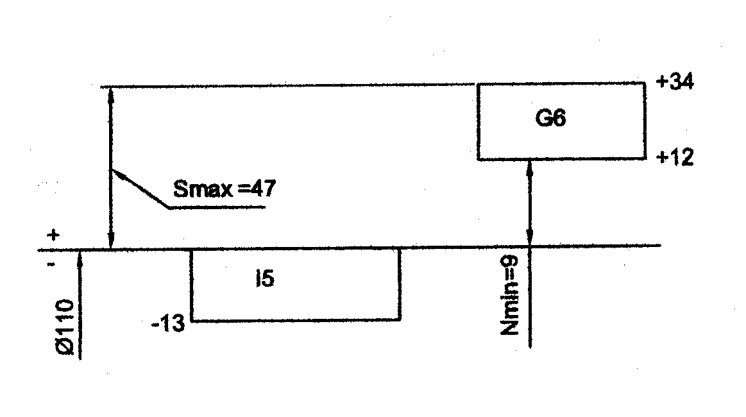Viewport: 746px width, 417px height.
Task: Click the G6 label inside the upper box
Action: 550,119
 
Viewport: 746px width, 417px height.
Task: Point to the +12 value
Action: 675,158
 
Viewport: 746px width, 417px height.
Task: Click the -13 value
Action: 168,325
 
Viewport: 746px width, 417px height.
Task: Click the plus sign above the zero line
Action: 54,235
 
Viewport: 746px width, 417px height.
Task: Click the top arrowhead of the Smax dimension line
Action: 111,93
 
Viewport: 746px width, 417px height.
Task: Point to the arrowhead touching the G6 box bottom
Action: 530,166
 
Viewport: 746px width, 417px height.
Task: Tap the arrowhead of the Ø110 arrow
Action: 80,255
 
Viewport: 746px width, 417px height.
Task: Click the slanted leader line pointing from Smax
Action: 140,189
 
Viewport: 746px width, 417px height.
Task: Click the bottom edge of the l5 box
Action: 296,319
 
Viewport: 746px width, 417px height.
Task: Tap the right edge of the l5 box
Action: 400,284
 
